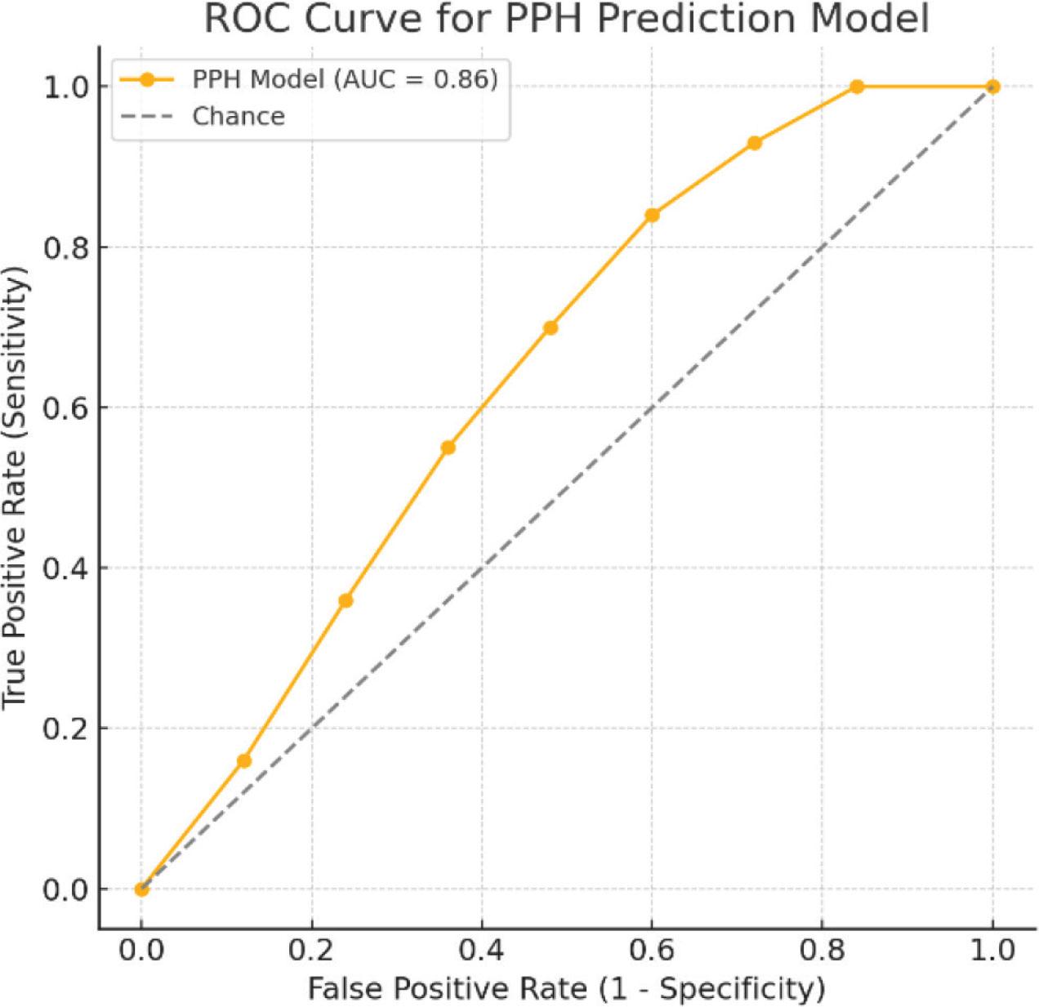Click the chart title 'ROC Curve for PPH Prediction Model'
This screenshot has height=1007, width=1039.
[x=567, y=20]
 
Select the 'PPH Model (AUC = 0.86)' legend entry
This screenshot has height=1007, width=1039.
[x=309, y=79]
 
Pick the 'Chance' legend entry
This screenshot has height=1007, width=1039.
[x=203, y=117]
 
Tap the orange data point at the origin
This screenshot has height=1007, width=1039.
[x=141, y=889]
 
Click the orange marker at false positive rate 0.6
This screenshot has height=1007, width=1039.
[x=652, y=215]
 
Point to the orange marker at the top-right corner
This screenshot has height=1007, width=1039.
[x=992, y=87]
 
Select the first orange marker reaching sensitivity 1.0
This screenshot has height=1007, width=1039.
[x=857, y=87]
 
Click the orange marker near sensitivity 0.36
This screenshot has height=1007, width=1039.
[x=346, y=600]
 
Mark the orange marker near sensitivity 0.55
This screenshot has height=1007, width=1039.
[x=448, y=448]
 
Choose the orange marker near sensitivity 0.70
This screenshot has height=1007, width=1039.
[x=551, y=327]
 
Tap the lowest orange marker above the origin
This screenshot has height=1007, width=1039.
[x=244, y=761]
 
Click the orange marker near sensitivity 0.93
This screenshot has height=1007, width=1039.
[x=755, y=143]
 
